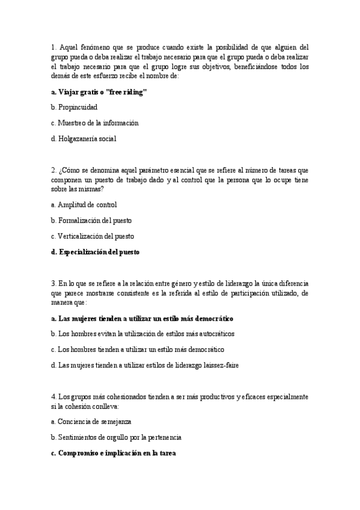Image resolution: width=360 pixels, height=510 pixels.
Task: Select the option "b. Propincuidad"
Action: pyautogui.click(x=75, y=107)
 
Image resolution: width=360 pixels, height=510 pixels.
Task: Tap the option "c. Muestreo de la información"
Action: pyautogui.click(x=95, y=123)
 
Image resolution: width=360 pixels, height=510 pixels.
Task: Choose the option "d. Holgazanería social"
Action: pyautogui.click(x=84, y=138)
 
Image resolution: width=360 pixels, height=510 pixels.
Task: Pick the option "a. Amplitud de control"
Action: pyautogui.click(x=84, y=204)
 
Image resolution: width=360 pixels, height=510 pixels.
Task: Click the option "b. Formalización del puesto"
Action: pyautogui.click(x=91, y=220)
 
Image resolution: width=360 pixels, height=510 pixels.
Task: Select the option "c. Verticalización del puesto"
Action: pyautogui.click(x=93, y=236)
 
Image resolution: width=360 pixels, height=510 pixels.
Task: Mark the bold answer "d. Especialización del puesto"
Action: pyautogui.click(x=95, y=252)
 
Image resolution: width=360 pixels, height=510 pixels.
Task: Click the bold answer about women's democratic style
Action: pyautogui.click(x=142, y=318)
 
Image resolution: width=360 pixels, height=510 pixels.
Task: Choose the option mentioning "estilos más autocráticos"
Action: pyautogui.click(x=143, y=333)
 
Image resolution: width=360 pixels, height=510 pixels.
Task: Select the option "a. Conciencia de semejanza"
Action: pyautogui.click(x=91, y=422)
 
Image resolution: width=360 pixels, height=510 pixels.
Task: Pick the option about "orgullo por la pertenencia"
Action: pyautogui.click(x=116, y=438)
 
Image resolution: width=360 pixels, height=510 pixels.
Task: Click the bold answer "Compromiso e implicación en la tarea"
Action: pyautogui.click(x=113, y=453)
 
